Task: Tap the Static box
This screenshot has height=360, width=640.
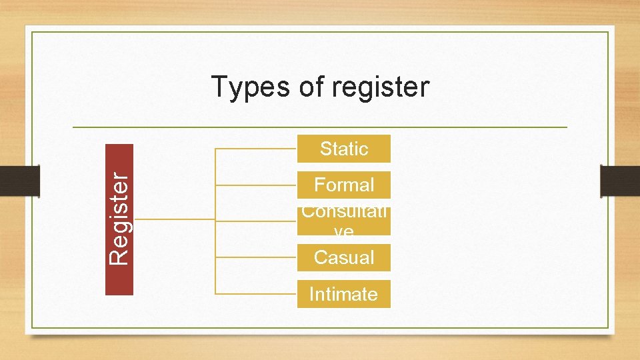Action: pyautogui.click(x=343, y=149)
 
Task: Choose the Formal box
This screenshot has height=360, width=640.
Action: pyautogui.click(x=343, y=185)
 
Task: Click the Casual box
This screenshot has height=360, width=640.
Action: pyautogui.click(x=343, y=257)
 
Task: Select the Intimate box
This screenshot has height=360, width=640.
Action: pyautogui.click(x=343, y=294)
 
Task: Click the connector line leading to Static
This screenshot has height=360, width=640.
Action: pyautogui.click(x=257, y=149)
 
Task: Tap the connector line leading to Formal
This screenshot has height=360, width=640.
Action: pyautogui.click(x=257, y=185)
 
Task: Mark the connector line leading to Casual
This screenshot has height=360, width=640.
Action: pyautogui.click(x=257, y=257)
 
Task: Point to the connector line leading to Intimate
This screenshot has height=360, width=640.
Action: pyautogui.click(x=257, y=293)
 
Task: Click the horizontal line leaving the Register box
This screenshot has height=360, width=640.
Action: pyautogui.click(x=173, y=219)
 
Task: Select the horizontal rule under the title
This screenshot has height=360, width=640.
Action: pyautogui.click(x=320, y=127)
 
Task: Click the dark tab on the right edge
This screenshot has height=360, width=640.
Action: pyautogui.click(x=619, y=181)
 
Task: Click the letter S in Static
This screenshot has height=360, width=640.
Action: pyautogui.click(x=325, y=149)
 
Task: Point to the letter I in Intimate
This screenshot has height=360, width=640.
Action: pyautogui.click(x=311, y=294)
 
